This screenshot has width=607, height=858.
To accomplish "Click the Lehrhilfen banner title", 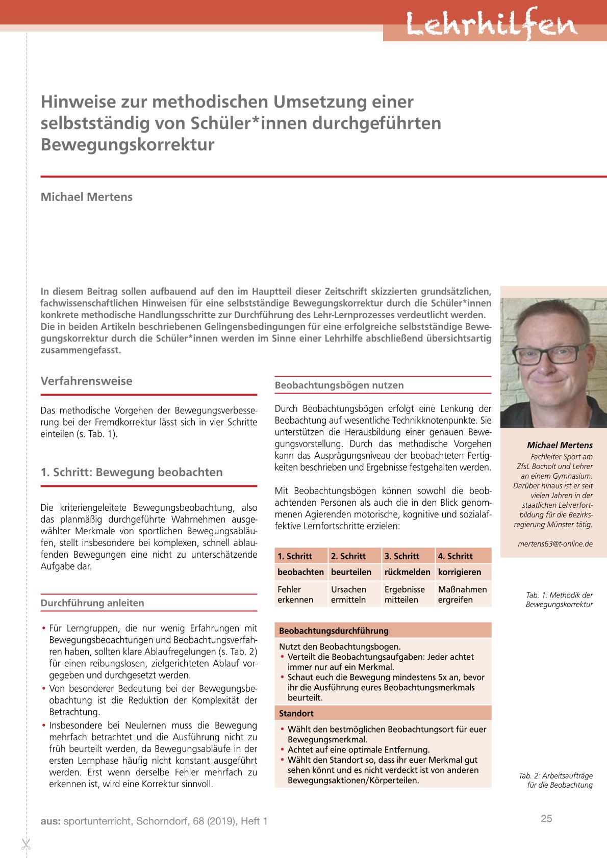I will tap(492, 24).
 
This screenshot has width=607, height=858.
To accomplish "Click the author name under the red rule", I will tap(87, 197).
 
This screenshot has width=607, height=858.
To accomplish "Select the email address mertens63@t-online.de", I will tap(555, 543).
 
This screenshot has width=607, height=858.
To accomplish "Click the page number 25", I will tap(546, 818).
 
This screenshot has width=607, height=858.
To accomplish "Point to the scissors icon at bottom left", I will tap(26, 844).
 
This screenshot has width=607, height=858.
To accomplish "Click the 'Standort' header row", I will tap(383, 713).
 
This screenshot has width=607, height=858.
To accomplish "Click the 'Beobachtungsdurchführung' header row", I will tap(383, 631).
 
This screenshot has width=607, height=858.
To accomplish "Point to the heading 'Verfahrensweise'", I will tap(87, 381).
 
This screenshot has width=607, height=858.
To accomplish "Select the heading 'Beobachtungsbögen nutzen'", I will tap(339, 385).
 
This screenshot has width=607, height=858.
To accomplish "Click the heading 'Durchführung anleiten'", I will tap(92, 603).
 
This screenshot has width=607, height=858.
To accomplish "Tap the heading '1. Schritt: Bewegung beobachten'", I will tap(132, 472).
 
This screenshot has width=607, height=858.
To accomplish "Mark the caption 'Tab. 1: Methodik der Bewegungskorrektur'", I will tap(559, 600).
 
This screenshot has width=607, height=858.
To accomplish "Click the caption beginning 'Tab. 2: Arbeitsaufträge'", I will tap(556, 780).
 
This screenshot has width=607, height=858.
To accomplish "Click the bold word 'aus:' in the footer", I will tap(50, 821).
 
